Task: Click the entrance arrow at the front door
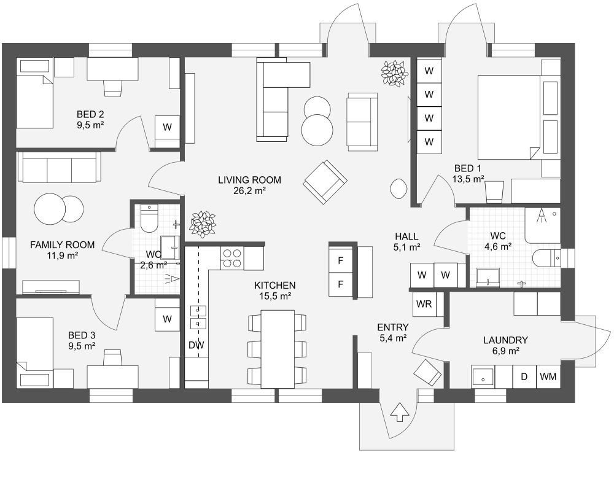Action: tap(400, 412)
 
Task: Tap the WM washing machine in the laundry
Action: tap(548, 376)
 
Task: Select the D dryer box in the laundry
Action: tap(524, 376)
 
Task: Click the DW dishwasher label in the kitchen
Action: tap(196, 346)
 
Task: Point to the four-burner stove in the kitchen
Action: tap(231, 258)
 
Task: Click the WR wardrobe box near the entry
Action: tap(423, 304)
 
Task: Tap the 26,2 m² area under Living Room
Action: tap(250, 191)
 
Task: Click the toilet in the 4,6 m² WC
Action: tap(546, 257)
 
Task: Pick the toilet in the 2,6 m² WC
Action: tap(150, 218)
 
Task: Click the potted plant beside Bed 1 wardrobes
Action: tap(394, 73)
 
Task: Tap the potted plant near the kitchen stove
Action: tap(202, 224)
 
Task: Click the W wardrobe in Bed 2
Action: tap(166, 127)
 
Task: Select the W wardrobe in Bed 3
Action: tap(166, 319)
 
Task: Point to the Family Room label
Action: tap(54, 244)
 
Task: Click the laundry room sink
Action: tap(483, 376)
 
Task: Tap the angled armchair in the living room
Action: tap(325, 182)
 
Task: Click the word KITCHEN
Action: tap(275, 286)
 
